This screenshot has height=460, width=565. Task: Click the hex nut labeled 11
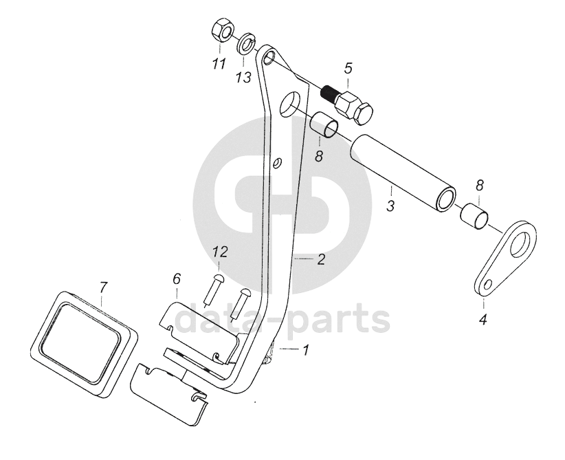click(221, 32)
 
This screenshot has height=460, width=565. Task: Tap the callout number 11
click(218, 65)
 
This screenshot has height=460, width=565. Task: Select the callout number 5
click(348, 69)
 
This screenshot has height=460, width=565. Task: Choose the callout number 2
click(320, 260)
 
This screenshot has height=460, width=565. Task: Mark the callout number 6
click(176, 279)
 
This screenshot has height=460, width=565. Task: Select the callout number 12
click(219, 252)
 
